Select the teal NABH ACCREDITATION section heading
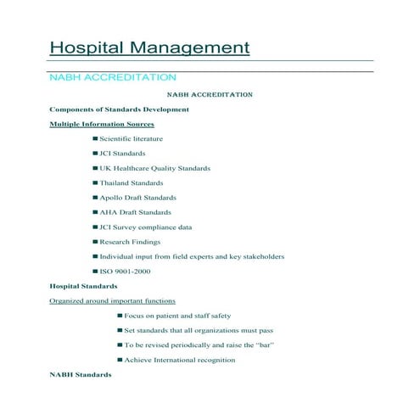113,78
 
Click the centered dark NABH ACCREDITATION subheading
209,94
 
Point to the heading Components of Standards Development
119,109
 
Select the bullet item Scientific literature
131,138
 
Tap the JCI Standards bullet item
122,154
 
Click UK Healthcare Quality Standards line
154,168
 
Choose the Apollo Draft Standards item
137,198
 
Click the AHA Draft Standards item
135,212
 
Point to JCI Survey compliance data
145,227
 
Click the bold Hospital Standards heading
83,286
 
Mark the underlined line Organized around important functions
113,300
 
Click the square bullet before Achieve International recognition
120,360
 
